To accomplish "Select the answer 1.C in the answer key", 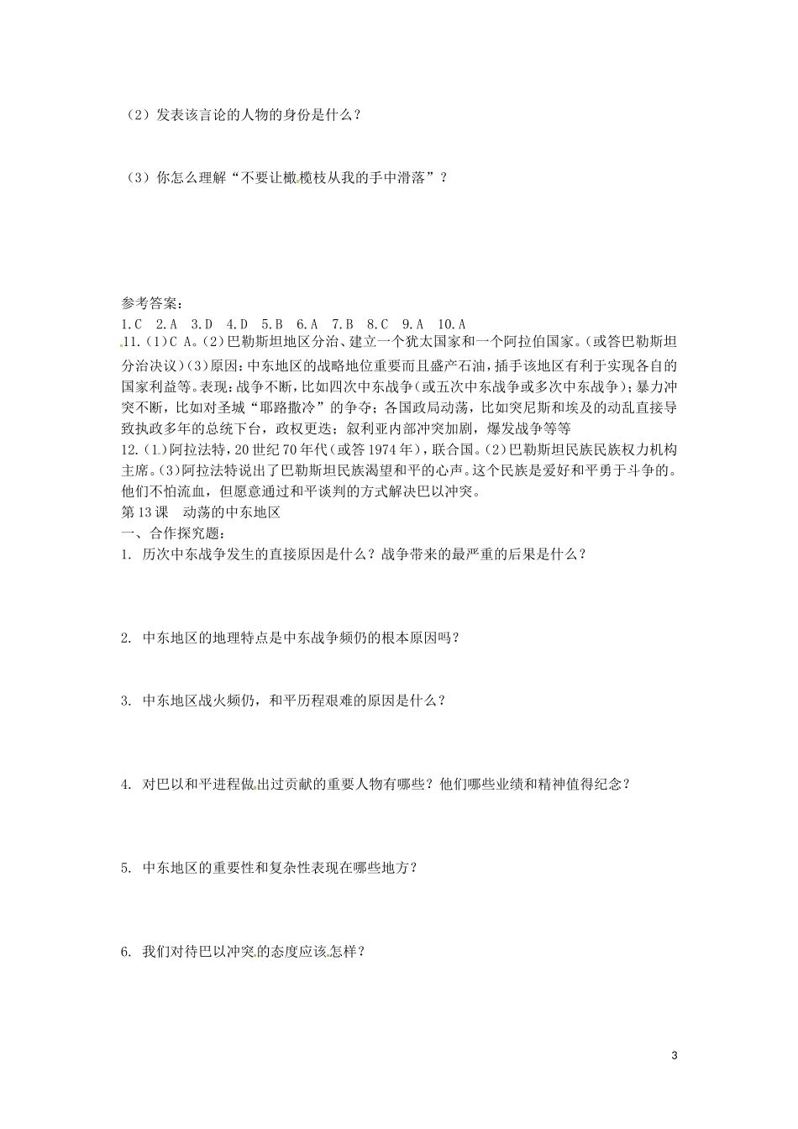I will (x=132, y=323).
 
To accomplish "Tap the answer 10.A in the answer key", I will (x=452, y=323).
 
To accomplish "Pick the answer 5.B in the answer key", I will (x=272, y=323).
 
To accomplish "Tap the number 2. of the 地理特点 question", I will (x=127, y=638).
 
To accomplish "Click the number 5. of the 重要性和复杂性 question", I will (x=127, y=868).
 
